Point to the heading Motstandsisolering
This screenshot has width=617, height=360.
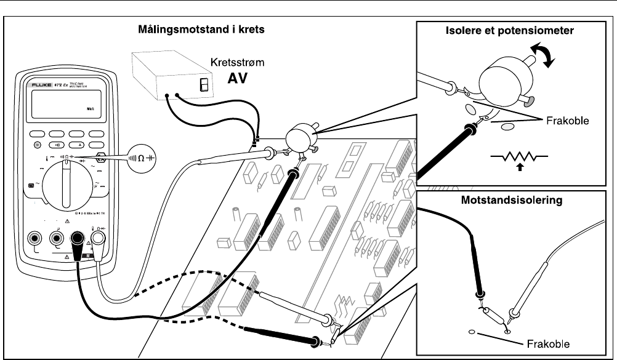pos(515,201)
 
